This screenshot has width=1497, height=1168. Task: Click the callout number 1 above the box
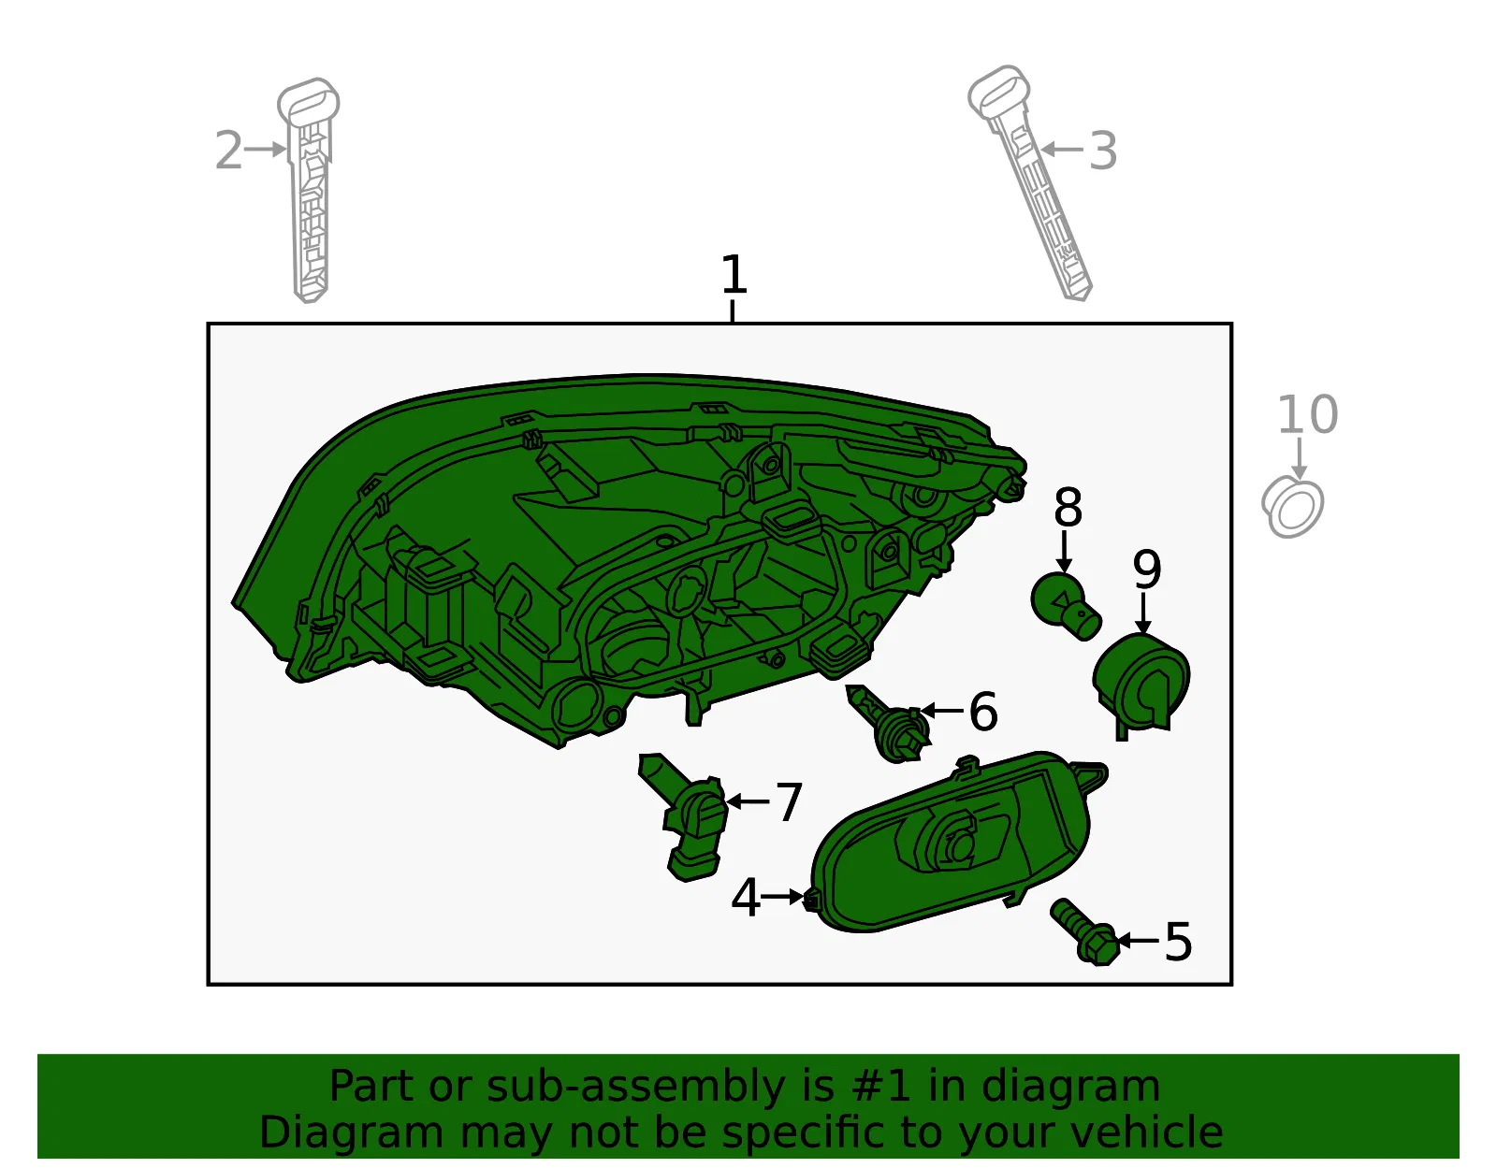(x=734, y=274)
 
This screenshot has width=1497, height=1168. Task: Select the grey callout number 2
(x=228, y=150)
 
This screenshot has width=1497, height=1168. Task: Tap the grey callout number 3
(x=1102, y=151)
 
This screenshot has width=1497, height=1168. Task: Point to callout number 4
(x=746, y=898)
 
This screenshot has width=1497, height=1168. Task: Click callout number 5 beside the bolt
(x=1178, y=942)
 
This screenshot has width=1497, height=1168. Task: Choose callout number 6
(x=983, y=711)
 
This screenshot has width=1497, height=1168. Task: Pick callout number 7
(x=789, y=801)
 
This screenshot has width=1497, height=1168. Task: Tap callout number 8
(x=1068, y=508)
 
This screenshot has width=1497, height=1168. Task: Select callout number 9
(x=1147, y=570)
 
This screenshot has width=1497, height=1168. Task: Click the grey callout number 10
(x=1308, y=414)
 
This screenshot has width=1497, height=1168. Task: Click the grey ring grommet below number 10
(x=1292, y=507)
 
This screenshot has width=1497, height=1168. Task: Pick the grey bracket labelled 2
(x=310, y=190)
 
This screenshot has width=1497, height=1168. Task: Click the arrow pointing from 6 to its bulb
(x=942, y=711)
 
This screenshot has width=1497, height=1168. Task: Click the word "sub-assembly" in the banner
(x=635, y=1087)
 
